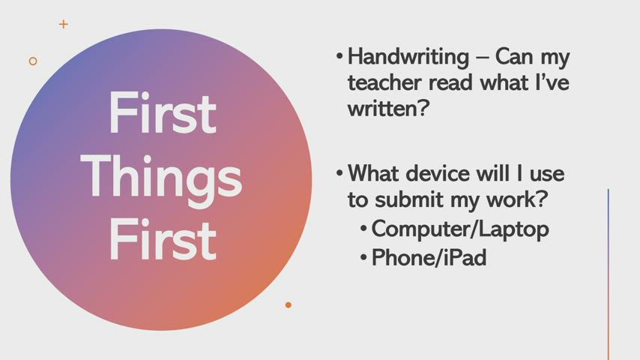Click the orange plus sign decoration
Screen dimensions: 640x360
[63, 24]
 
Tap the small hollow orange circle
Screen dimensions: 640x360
[33, 61]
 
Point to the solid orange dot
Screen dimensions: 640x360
[289, 304]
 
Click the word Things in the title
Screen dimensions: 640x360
[162, 178]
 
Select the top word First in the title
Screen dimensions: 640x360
[163, 113]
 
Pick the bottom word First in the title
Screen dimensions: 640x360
[163, 240]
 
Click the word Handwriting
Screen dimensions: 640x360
[408, 57]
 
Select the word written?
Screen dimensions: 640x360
[388, 108]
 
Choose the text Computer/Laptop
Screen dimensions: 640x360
[460, 229]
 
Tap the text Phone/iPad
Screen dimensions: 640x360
[429, 258]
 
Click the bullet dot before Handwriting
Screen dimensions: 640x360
[339, 55]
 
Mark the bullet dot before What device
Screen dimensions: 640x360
[339, 172]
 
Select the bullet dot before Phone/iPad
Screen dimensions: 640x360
[363, 257]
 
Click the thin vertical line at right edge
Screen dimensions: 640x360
[609, 274]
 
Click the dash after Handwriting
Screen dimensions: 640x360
[482, 58]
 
